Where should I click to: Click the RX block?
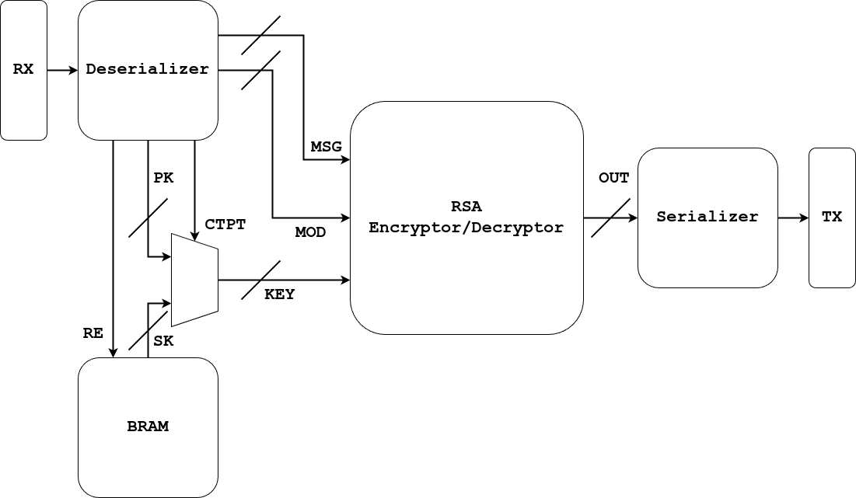pyautogui.click(x=23, y=70)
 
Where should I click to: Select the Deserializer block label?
pyautogui.click(x=148, y=69)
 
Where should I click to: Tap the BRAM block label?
pyautogui.click(x=148, y=427)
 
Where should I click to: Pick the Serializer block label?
pyautogui.click(x=708, y=217)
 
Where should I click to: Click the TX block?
pyautogui.click(x=832, y=218)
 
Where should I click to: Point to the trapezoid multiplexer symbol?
pyautogui.click(x=194, y=280)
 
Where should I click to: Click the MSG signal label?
pyautogui.click(x=326, y=147)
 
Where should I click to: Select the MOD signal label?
pyautogui.click(x=310, y=232)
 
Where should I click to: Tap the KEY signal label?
pyautogui.click(x=280, y=294)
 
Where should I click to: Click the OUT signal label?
pyautogui.click(x=613, y=178)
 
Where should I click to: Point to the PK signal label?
pyautogui.click(x=163, y=178)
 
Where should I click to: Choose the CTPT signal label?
pyautogui.click(x=225, y=225)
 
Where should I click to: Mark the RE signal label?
pyautogui.click(x=93, y=333)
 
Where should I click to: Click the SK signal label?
pyautogui.click(x=164, y=341)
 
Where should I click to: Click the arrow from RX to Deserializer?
pyautogui.click(x=62, y=70)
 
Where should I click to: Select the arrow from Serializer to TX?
pyautogui.click(x=793, y=218)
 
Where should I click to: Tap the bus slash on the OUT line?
pyautogui.click(x=610, y=218)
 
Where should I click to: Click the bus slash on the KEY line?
pyautogui.click(x=260, y=280)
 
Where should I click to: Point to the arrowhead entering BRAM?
pyautogui.click(x=114, y=352)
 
